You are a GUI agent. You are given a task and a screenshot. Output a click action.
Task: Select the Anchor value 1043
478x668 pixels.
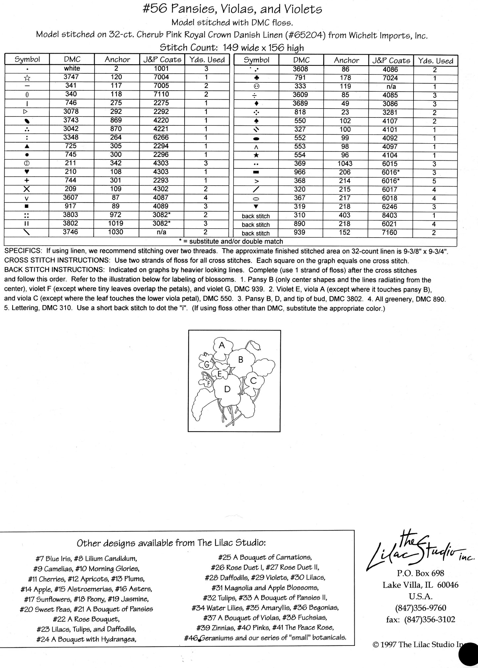345,164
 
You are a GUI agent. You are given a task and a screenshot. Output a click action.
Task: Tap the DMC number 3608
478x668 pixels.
301,69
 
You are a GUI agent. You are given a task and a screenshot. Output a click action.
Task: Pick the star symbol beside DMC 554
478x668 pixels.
256,155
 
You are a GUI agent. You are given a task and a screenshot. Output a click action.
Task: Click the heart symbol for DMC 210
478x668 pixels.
27,172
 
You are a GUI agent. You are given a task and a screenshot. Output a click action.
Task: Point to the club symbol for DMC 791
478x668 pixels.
256,78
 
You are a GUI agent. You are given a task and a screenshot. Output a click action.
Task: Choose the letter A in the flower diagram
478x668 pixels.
222,345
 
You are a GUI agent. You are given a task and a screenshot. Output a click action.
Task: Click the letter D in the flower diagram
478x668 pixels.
227,389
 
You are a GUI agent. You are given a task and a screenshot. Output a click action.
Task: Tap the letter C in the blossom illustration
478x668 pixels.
253,380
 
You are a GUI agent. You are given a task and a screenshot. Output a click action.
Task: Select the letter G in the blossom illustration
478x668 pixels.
207,365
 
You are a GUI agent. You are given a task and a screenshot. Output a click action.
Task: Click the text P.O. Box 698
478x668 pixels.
420,573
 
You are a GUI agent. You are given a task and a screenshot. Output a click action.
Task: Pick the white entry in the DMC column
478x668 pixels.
72,68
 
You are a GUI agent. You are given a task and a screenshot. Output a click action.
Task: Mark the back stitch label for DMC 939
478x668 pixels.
256,233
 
